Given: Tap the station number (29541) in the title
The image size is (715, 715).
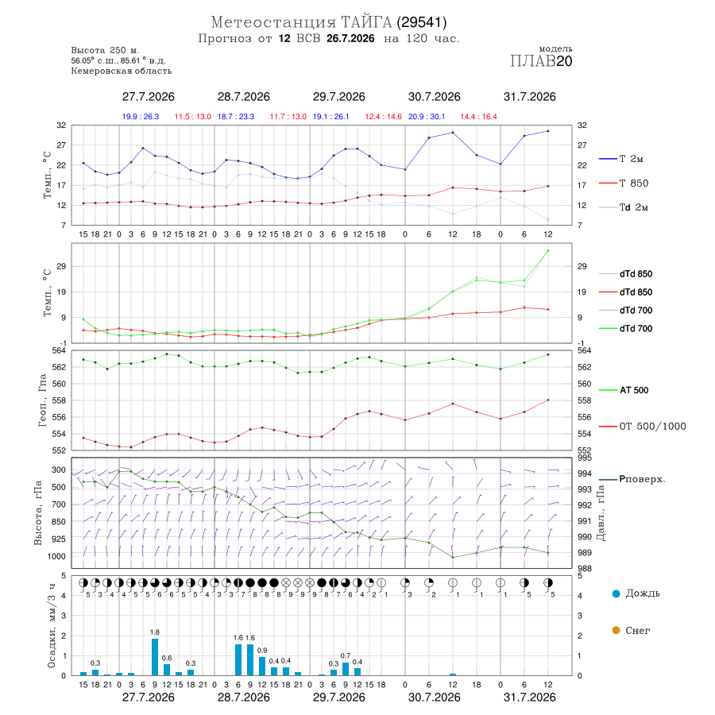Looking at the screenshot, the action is [x=422, y=22].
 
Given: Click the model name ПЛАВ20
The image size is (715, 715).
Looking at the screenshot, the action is [x=541, y=61].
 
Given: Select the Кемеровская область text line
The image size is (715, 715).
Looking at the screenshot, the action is [x=122, y=71].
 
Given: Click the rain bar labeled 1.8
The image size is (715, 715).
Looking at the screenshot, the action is [x=155, y=657].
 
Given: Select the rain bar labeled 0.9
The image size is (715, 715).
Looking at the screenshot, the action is [x=262, y=667].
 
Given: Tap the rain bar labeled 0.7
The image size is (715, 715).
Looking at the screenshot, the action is [x=346, y=669].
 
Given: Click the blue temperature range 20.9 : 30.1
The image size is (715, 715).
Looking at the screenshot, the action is [x=427, y=117].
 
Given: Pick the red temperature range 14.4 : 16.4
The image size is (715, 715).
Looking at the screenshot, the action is [x=478, y=117].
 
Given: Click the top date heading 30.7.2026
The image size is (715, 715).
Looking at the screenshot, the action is [x=434, y=97].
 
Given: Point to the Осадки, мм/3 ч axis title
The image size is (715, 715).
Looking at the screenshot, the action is [x=52, y=626].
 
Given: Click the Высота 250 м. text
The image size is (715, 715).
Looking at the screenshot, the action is [x=105, y=50].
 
